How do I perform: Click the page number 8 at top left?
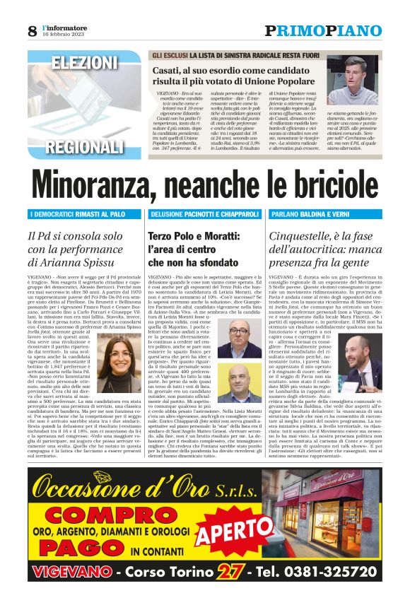(32, 30)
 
